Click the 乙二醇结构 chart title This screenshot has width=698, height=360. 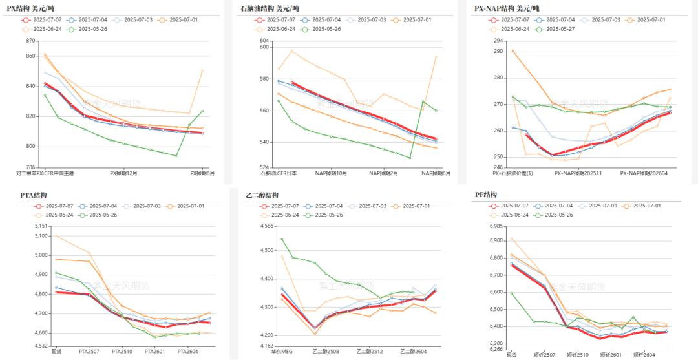[262, 195]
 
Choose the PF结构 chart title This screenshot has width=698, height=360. [485, 195]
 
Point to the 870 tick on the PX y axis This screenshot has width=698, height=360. [31, 41]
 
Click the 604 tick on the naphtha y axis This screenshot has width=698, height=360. [264, 41]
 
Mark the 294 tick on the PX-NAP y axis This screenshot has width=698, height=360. [498, 41]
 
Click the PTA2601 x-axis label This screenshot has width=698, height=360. [155, 352]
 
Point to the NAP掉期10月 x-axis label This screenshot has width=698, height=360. [332, 173]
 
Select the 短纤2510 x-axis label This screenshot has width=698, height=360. [577, 354]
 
